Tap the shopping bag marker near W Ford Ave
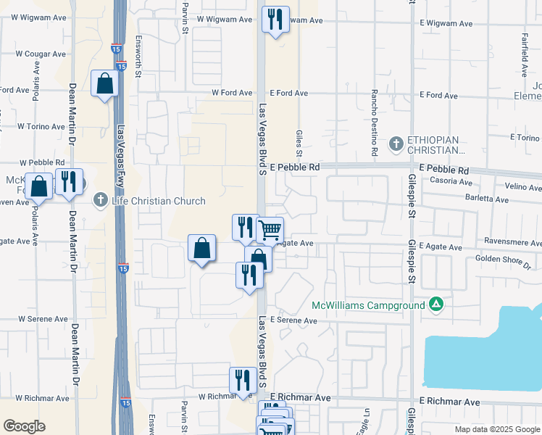pyautogui.click(x=105, y=83)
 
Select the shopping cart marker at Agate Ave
pyautogui.click(x=270, y=231)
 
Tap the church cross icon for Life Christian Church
pyautogui.click(x=100, y=201)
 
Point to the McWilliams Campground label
pyautogui.click(x=368, y=305)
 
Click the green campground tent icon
pyautogui.click(x=435, y=304)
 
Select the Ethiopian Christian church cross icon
pyautogui.click(x=396, y=144)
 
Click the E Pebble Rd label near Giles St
pyautogui.click(x=294, y=167)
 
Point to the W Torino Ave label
pyautogui.click(x=41, y=126)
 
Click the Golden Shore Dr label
pyautogui.click(x=503, y=259)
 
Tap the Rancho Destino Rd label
pyautogui.click(x=375, y=123)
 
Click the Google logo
pyautogui.click(x=25, y=426)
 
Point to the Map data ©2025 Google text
pyautogui.click(x=496, y=429)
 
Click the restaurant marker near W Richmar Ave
pyautogui.click(x=243, y=381)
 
